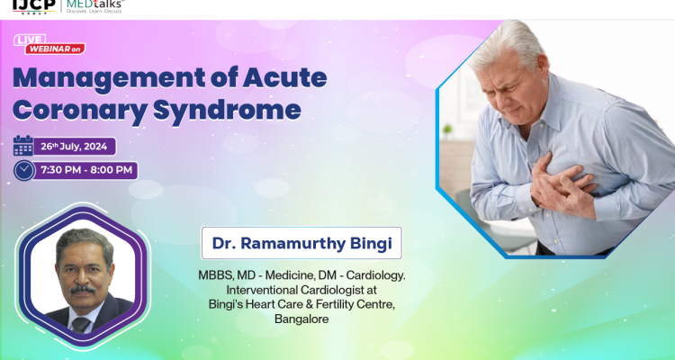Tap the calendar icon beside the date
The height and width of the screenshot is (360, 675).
tap(23, 146)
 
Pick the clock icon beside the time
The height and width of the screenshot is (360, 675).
tap(24, 170)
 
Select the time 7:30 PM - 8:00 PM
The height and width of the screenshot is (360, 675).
tap(86, 170)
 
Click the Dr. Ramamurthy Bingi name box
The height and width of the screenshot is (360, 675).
tap(301, 243)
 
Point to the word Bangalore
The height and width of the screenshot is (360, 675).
tap(302, 319)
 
